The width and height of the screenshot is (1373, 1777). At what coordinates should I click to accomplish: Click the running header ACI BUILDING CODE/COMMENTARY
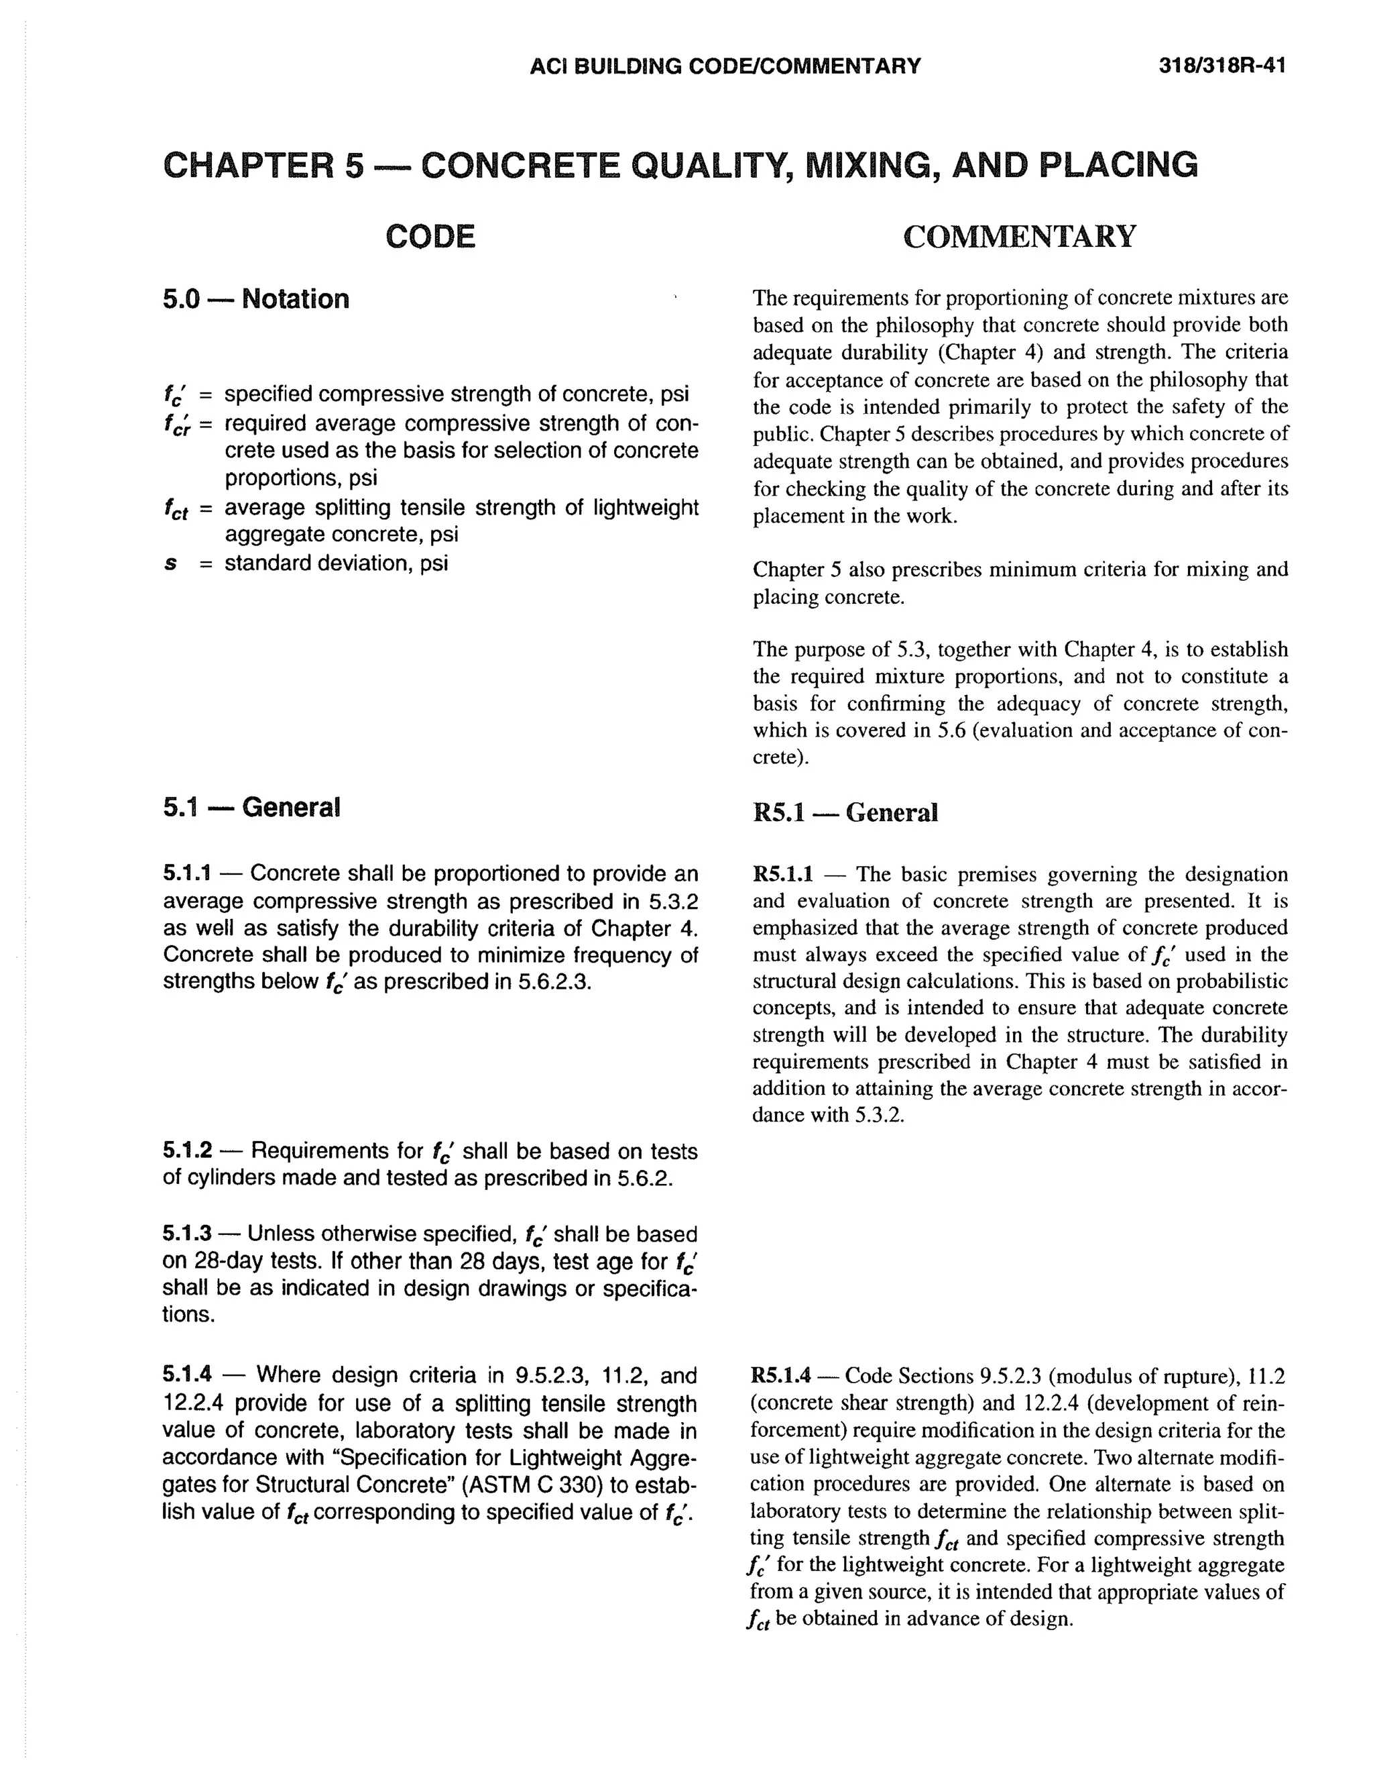(x=725, y=66)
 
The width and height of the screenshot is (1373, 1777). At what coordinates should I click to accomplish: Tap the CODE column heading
(x=430, y=237)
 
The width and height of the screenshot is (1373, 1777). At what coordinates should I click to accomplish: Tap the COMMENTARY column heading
(x=1019, y=237)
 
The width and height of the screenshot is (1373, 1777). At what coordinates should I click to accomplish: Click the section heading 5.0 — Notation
(x=255, y=299)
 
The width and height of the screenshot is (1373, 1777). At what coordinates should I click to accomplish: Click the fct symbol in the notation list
(x=175, y=509)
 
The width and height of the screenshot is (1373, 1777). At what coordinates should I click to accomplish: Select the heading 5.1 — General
(x=251, y=807)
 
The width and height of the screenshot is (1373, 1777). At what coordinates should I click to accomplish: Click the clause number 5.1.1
(x=187, y=874)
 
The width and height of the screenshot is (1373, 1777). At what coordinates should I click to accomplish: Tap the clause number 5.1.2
(x=187, y=1150)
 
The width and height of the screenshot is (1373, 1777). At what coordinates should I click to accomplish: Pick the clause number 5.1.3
(x=187, y=1234)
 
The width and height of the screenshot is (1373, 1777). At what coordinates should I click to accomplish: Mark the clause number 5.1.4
(x=187, y=1375)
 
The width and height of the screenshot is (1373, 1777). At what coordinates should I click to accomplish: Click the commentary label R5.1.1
(x=782, y=875)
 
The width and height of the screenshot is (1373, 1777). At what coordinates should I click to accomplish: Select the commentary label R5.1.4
(x=781, y=1376)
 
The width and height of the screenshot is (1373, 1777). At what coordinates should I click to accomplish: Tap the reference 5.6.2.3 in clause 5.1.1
(x=552, y=981)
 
